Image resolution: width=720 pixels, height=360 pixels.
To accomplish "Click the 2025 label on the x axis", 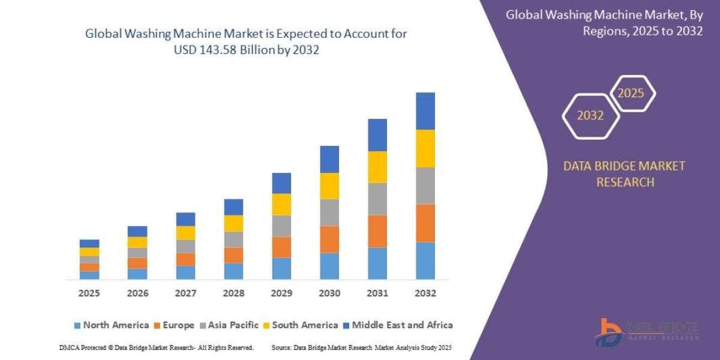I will tap(89, 294).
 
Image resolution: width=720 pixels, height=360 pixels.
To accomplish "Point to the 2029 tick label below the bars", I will tap(281, 294).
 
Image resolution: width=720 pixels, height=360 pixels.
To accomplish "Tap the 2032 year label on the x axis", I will tap(425, 294).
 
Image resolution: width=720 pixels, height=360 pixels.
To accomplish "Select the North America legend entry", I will tap(111, 325).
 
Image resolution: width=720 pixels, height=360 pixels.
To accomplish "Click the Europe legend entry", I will tap(174, 325).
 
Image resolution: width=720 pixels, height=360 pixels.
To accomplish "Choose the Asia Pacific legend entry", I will tap(233, 325).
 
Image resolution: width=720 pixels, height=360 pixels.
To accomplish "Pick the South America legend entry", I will tap(300, 325).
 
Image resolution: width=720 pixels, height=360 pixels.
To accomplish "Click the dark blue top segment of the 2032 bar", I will tap(425, 111).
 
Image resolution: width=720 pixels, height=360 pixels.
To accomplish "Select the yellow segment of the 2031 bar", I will tap(377, 167).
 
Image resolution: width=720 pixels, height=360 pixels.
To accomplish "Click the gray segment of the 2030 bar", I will tap(329, 212).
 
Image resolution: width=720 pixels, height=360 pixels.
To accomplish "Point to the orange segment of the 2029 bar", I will tap(281, 247).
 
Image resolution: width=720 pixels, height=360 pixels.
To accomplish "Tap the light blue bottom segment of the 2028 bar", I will tap(233, 271).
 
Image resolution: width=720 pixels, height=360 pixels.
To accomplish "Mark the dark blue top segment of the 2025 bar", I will tap(89, 244).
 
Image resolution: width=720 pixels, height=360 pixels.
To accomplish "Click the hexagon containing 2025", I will tap(632, 94).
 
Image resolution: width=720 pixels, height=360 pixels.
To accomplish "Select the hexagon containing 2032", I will tap(590, 116).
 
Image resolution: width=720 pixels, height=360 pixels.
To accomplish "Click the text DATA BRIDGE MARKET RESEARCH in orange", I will tap(624, 174).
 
